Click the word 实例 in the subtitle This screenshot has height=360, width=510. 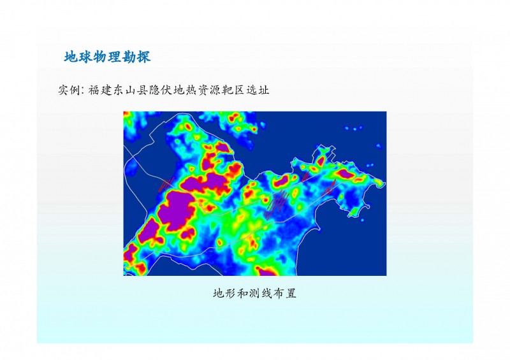coord(69,90)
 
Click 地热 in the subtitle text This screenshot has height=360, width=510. coord(185,90)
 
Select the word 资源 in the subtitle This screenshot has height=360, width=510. coord(209,90)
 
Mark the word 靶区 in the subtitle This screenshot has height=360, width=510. coord(233,90)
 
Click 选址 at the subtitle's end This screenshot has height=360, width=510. coord(258,90)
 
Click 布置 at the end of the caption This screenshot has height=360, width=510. coord(285,293)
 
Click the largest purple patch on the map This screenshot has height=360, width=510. coord(176,210)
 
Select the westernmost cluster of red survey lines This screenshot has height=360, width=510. coord(166,184)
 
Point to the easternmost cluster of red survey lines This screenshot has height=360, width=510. coord(330,187)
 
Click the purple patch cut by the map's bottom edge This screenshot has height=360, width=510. coord(267,272)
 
